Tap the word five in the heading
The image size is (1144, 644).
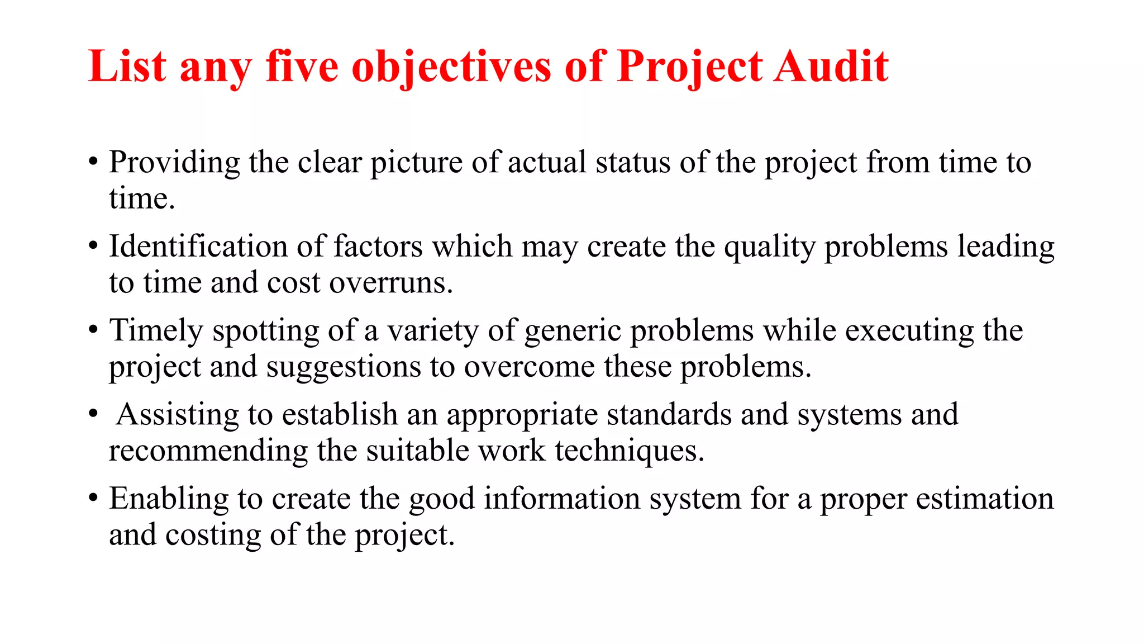point(302,67)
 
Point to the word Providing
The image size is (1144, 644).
point(174,163)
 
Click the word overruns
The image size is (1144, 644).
point(391,283)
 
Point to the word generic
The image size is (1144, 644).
point(573,331)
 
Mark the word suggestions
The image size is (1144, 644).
point(343,368)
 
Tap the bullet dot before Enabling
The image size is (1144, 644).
point(94,498)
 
